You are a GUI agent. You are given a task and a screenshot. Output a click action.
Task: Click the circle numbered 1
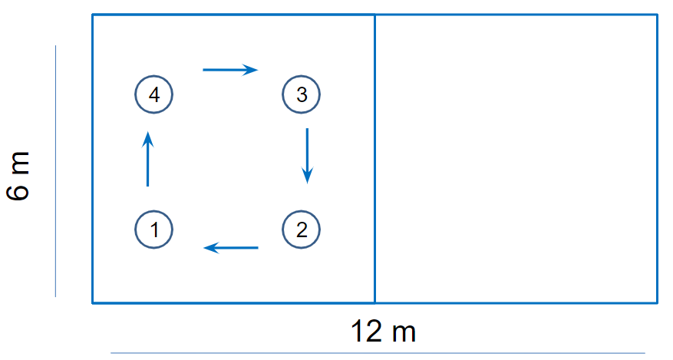153,229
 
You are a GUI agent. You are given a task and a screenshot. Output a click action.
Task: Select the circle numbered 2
301,229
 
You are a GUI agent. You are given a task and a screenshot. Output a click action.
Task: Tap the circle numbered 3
301,95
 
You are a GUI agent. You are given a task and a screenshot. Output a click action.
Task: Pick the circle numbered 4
153,95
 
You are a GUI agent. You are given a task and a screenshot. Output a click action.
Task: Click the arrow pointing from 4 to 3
230,70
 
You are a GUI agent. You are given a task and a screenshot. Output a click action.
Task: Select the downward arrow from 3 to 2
307,156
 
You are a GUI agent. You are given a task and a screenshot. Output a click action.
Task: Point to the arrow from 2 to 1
230,247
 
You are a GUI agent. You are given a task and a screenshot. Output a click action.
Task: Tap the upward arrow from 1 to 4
147,158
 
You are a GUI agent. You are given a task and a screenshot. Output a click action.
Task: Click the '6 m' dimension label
20,177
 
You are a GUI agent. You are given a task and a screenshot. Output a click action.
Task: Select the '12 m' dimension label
384,332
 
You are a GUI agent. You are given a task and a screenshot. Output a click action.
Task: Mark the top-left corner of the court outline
93,15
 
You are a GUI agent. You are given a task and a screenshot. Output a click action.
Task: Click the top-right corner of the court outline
658,15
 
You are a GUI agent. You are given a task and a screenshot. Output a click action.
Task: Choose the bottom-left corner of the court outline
93,302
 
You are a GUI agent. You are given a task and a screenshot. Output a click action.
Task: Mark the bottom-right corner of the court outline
658,302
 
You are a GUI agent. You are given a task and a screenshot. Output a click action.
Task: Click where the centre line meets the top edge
374,15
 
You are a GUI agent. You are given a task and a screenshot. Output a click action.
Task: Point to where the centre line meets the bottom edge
374,302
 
